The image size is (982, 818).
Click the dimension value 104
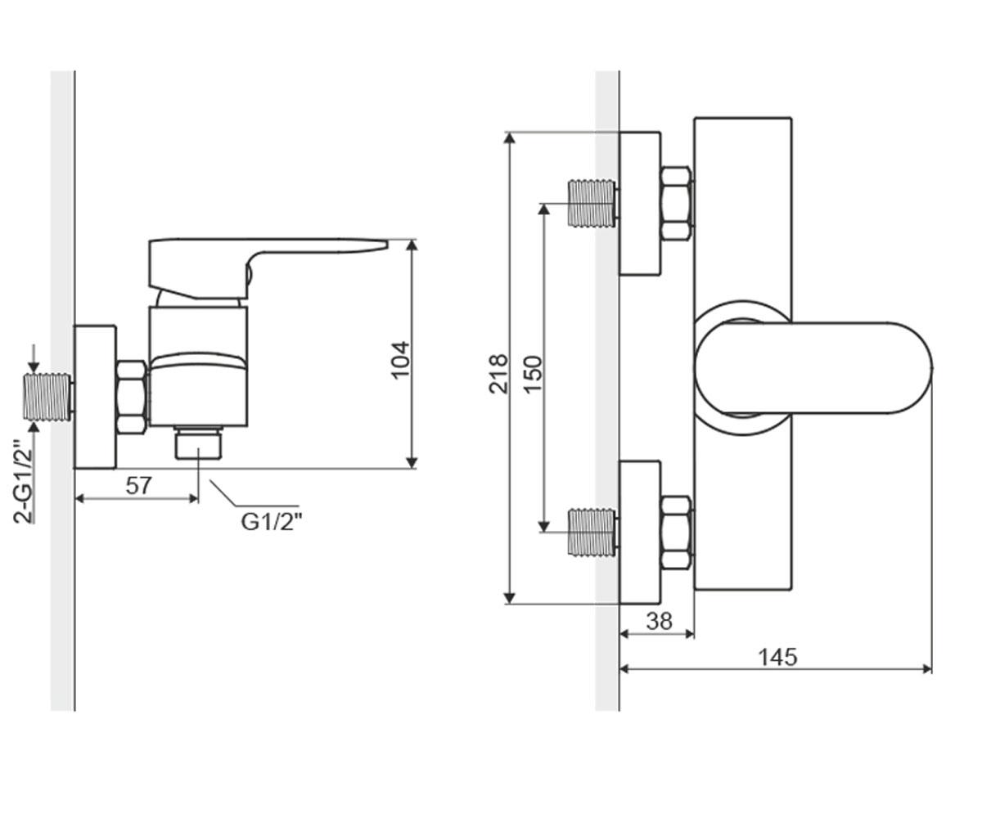tap(401, 360)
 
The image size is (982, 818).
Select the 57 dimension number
tap(138, 486)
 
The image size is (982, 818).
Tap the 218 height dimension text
tap(498, 374)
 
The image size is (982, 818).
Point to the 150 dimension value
tap(533, 375)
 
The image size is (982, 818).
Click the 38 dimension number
tap(660, 622)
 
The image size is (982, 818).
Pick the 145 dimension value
tap(777, 657)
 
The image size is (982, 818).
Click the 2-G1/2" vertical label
tap(23, 482)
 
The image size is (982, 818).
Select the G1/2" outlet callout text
tap(271, 521)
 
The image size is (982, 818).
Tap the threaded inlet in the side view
tap(48, 397)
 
